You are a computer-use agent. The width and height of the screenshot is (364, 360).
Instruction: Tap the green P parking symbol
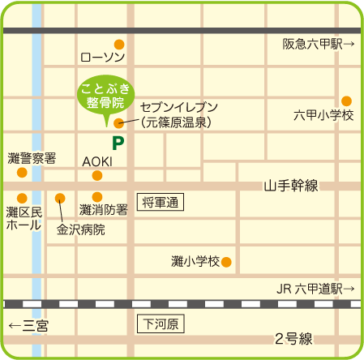pyautogui.click(x=118, y=144)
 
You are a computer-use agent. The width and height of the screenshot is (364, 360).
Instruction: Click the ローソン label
pyautogui.click(x=103, y=58)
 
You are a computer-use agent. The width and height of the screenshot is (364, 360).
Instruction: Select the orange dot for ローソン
pyautogui.click(x=118, y=44)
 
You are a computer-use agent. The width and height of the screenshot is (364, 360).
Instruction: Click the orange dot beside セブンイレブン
pyautogui.click(x=119, y=123)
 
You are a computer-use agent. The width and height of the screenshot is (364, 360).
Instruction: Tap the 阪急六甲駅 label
pyautogui.click(x=318, y=45)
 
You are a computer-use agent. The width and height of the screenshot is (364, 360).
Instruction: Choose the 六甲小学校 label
pyautogui.click(x=324, y=116)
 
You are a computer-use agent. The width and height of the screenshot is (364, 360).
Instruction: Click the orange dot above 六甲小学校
pyautogui.click(x=346, y=101)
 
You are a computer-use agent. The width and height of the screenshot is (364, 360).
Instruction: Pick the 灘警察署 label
pyautogui.click(x=32, y=157)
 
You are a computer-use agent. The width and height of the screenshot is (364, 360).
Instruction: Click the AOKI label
pyautogui.click(x=96, y=161)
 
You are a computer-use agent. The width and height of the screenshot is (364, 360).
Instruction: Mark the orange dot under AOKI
pyautogui.click(x=97, y=175)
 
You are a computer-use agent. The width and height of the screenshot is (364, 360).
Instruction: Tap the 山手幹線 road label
pyautogui.click(x=291, y=186)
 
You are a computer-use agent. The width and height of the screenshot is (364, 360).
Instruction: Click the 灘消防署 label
pyautogui.click(x=103, y=210)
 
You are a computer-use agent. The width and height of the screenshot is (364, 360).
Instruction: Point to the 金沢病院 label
pyautogui.click(x=80, y=229)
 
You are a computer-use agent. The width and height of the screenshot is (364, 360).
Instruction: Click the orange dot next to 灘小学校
pyautogui.click(x=227, y=261)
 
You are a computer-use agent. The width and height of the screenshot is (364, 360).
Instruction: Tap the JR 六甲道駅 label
pyautogui.click(x=315, y=289)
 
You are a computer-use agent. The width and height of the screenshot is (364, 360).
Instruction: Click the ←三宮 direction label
pyautogui.click(x=28, y=325)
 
